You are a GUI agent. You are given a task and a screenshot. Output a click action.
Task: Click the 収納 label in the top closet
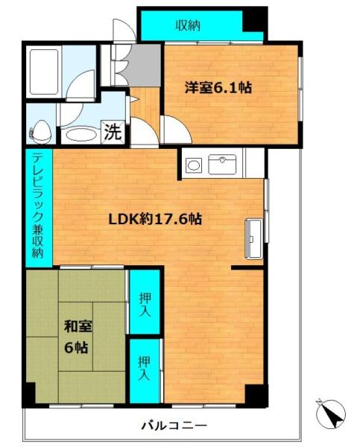(188, 25)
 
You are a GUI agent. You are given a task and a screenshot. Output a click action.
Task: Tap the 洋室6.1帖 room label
(218, 87)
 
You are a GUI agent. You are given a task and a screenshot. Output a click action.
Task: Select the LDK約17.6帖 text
(155, 219)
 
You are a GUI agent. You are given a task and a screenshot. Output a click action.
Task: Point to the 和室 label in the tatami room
(78, 326)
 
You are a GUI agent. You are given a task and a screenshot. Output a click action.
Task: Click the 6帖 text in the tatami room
(76, 347)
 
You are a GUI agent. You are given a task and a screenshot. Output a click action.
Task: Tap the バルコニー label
(174, 426)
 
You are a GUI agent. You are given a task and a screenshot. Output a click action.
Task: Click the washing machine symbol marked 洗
(113, 132)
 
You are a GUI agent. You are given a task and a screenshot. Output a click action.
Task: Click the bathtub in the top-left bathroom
(44, 72)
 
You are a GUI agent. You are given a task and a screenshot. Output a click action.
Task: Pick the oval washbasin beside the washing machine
(79, 135)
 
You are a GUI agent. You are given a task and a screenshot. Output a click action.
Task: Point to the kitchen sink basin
(222, 165)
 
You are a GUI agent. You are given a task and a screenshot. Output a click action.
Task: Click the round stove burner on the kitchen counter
(194, 165)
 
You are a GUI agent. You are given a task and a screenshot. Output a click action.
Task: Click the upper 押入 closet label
(145, 305)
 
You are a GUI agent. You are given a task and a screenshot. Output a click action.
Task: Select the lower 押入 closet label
(144, 368)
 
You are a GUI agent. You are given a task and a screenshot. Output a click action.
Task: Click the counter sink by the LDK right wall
(253, 239)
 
